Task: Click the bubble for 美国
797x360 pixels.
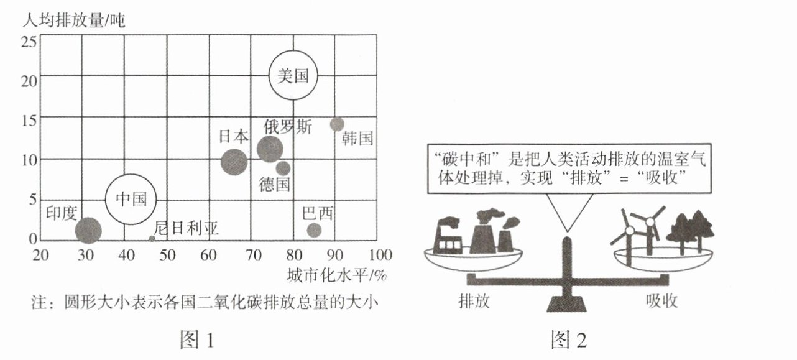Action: [293, 76]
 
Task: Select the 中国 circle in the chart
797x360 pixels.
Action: [131, 199]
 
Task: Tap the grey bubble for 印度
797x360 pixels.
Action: [88, 231]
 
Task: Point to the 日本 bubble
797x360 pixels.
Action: [234, 162]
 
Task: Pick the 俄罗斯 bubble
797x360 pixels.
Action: [270, 149]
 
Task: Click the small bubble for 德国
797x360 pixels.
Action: [283, 168]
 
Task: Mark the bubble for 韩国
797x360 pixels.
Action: [337, 124]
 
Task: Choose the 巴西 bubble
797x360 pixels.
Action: [315, 230]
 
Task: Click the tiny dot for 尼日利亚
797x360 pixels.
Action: [152, 239]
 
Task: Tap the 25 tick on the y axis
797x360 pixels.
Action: [29, 42]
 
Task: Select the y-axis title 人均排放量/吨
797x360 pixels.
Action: [73, 20]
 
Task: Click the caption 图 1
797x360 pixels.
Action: [196, 339]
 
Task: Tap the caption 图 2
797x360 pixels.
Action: [568, 339]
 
